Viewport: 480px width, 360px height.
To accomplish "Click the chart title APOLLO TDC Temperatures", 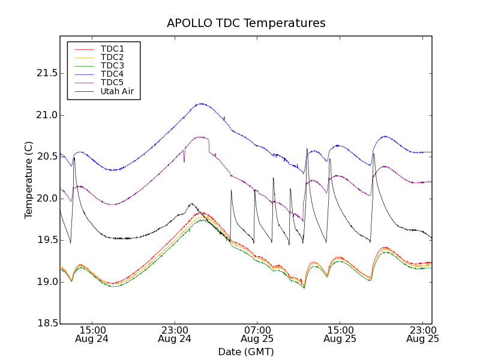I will [x=246, y=23].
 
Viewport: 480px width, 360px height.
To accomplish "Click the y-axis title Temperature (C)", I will [x=29, y=180].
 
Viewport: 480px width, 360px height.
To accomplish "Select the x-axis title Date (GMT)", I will [x=246, y=352].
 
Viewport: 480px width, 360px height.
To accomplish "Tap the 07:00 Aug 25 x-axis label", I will [x=257, y=334].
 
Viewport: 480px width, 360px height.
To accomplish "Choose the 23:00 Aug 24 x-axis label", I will [x=175, y=334].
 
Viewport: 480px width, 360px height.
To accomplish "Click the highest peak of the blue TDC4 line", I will [x=201, y=104].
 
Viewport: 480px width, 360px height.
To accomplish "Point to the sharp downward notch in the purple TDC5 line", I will [x=184, y=161].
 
